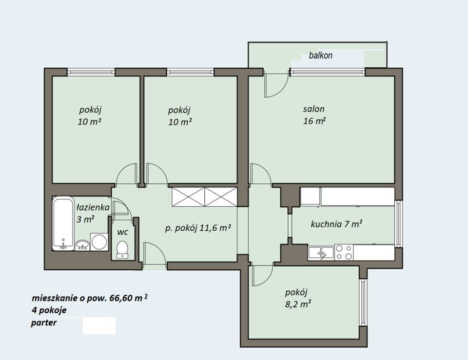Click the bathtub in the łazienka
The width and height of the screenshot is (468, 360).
pos(63,223)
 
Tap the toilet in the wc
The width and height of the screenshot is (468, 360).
pos(122,249)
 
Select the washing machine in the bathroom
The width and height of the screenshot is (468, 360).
pos(99,241)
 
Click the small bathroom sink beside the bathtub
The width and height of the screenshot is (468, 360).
pos(82,245)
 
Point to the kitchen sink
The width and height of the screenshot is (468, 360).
pos(321,253)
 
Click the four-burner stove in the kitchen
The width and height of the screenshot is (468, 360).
pos(344,252)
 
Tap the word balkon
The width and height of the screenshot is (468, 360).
pos(321,56)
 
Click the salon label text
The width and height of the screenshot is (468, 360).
pos(313,109)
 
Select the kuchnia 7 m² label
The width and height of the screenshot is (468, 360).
pos(337,224)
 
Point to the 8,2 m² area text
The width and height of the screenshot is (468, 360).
pos(298,304)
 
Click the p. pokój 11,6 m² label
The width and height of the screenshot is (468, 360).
pos(198,228)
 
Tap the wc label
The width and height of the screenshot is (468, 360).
pos(123,232)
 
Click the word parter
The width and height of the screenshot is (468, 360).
pos(43,323)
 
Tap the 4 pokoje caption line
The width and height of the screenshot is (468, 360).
pos(49,310)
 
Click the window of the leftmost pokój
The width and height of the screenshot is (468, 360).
pos(91,72)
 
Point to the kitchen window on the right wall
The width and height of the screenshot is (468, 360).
pos(398,223)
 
